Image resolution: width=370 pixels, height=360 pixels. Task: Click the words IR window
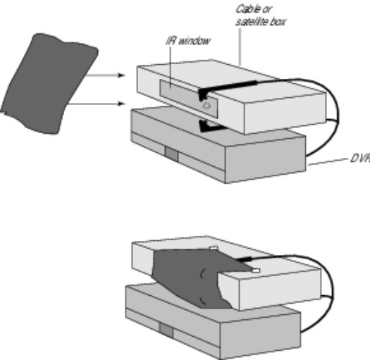[x=188, y=41]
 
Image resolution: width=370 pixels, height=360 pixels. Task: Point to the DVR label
[x=360, y=159]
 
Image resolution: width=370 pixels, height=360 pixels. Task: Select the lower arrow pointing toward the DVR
[x=97, y=104]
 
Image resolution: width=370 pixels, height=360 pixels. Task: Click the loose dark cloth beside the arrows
[x=50, y=84]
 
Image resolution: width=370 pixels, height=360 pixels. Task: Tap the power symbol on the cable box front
[x=206, y=105]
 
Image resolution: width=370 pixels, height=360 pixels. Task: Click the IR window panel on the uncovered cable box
[x=188, y=98]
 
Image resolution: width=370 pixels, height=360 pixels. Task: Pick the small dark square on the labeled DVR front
[x=171, y=154]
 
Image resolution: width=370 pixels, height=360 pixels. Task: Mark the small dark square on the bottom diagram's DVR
[x=166, y=330]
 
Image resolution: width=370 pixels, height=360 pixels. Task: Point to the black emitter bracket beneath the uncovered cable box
[x=211, y=126]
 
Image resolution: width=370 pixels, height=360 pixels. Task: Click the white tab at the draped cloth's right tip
[x=256, y=271]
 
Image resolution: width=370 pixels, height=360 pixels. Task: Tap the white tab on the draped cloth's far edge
[x=214, y=248]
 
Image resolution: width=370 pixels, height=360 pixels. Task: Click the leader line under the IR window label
[x=171, y=68]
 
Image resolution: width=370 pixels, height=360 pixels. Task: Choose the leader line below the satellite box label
[x=240, y=46]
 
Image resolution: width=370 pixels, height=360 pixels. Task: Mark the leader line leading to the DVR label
[x=328, y=162]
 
